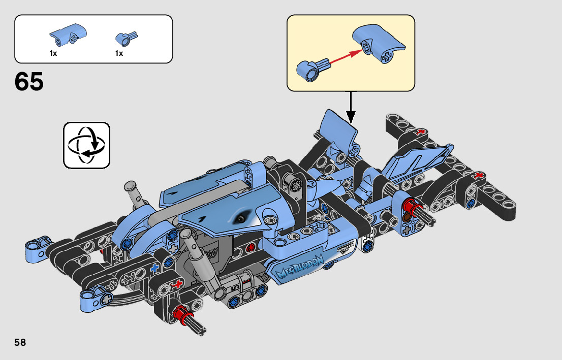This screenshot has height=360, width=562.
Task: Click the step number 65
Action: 29,81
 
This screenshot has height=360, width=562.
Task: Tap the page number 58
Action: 20,342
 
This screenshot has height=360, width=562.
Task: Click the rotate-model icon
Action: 87,145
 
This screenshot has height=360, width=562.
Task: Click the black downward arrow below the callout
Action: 351,107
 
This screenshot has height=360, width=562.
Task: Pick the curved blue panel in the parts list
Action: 68,35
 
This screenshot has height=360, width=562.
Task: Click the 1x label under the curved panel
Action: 53,53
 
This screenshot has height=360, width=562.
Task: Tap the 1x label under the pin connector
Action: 119,53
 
